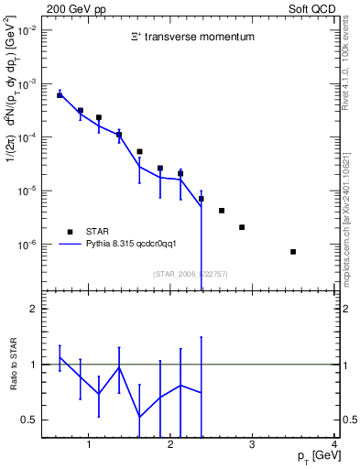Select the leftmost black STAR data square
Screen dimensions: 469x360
pyautogui.click(x=60, y=95)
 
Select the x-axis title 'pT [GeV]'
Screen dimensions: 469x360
pyautogui.click(x=314, y=456)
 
